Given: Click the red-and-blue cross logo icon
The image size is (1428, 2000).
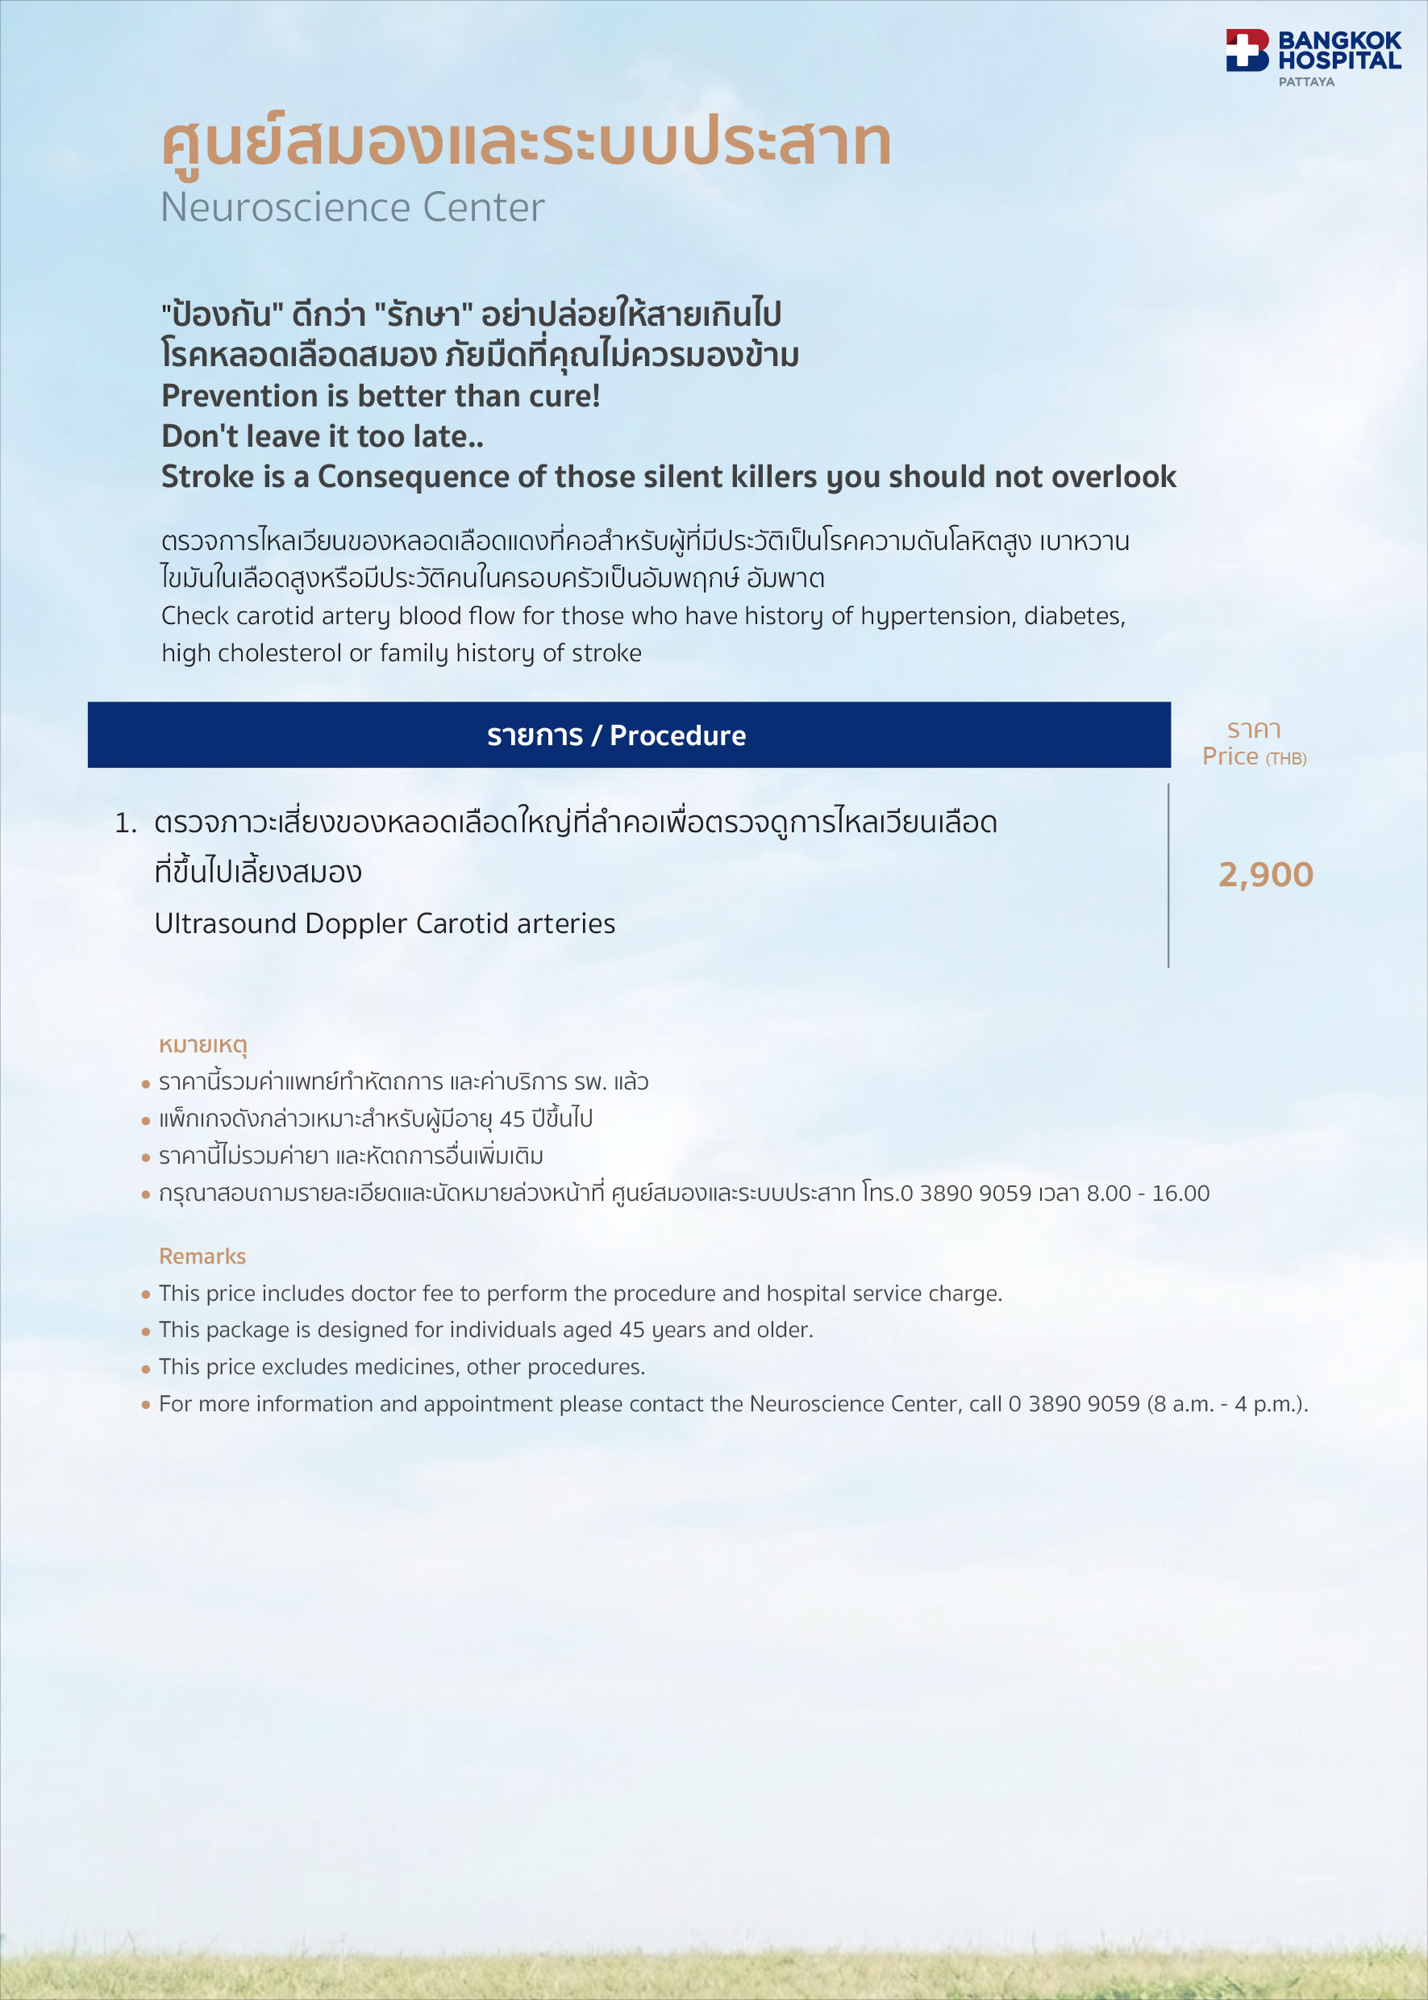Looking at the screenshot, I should point(1247,50).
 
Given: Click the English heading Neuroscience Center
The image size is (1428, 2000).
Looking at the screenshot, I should point(352,207).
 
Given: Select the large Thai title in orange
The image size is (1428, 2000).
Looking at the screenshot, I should point(526,142).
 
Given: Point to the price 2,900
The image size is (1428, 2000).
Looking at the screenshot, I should point(1264,874).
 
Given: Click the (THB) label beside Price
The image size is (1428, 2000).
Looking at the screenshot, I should point(1285,759).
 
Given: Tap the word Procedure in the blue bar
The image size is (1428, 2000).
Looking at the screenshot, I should point(677,735).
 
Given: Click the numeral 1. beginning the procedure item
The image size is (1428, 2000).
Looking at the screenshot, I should point(126,823).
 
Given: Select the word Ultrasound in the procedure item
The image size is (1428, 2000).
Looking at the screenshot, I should point(225,923).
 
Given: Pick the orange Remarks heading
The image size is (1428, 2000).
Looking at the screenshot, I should point(202,1256).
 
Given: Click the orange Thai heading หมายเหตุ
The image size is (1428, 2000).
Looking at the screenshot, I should point(202,1045).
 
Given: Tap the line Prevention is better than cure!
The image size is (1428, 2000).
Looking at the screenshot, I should point(380,396).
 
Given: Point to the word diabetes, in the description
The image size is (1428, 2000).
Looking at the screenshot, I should point(1074,615).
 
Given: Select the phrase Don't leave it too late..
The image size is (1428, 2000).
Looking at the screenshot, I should point(322,436).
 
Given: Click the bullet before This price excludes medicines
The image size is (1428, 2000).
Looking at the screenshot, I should point(146,1369).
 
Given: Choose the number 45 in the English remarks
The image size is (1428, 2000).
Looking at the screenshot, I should point(631,1330).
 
